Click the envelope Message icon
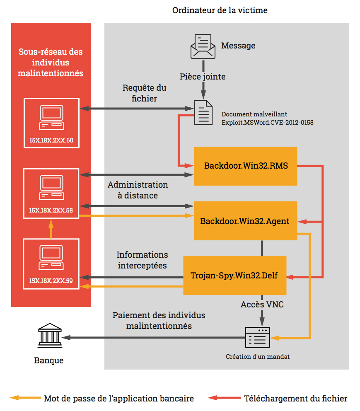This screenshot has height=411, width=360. pyautogui.click(x=203, y=47)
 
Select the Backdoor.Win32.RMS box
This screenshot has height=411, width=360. pyautogui.click(x=246, y=166)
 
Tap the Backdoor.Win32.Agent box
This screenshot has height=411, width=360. pyautogui.click(x=246, y=221)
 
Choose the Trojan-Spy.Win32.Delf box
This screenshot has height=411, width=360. pyautogui.click(x=235, y=276)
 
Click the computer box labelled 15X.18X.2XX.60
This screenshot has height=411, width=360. pyautogui.click(x=52, y=123)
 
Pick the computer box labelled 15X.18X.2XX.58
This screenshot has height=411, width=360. pyautogui.click(x=51, y=193)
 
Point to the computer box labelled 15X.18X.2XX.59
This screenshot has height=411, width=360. pyautogui.click(x=51, y=264)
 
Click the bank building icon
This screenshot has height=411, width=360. pyautogui.click(x=50, y=335)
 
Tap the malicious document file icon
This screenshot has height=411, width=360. pyautogui.click(x=203, y=112)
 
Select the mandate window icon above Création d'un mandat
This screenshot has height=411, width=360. pyautogui.click(x=258, y=337)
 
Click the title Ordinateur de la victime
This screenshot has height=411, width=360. pyautogui.click(x=220, y=10)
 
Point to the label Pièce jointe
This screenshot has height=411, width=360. pyautogui.click(x=203, y=77)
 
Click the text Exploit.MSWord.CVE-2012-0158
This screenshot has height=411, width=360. pyautogui.click(x=268, y=122)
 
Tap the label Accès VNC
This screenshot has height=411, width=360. pyautogui.click(x=262, y=305)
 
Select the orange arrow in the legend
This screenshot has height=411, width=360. pyautogui.click(x=25, y=398)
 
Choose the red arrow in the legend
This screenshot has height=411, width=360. pyautogui.click(x=224, y=398)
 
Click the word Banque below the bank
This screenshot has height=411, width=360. pyautogui.click(x=49, y=360)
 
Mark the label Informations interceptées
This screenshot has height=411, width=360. pyautogui.click(x=142, y=260)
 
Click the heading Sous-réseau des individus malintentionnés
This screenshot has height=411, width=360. pyautogui.click(x=51, y=63)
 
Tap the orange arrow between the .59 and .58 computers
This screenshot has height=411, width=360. pyautogui.click(x=51, y=229)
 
